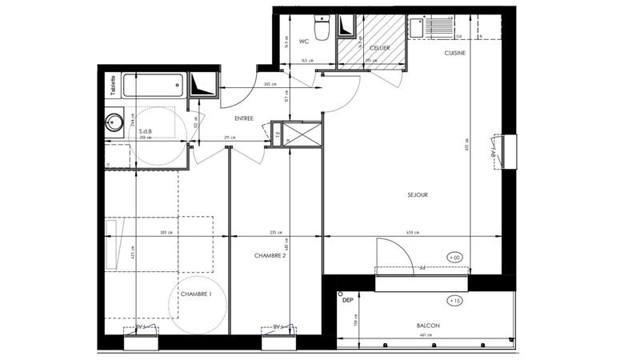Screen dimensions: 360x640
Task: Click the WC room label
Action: (304, 42)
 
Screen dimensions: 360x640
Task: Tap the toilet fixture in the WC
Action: (322, 29)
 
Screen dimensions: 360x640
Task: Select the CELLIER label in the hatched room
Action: (379, 49)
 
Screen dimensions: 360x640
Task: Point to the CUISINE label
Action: (457, 52)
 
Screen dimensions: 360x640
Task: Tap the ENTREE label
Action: (244, 118)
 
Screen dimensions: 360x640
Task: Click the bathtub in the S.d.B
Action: (153, 84)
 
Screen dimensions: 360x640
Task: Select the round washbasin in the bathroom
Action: (115, 123)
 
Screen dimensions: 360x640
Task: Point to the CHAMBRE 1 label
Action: (196, 294)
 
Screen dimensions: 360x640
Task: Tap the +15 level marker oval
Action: (457, 301)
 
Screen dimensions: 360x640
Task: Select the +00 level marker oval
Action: (455, 258)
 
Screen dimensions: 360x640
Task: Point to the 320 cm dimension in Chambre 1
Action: (166, 233)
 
